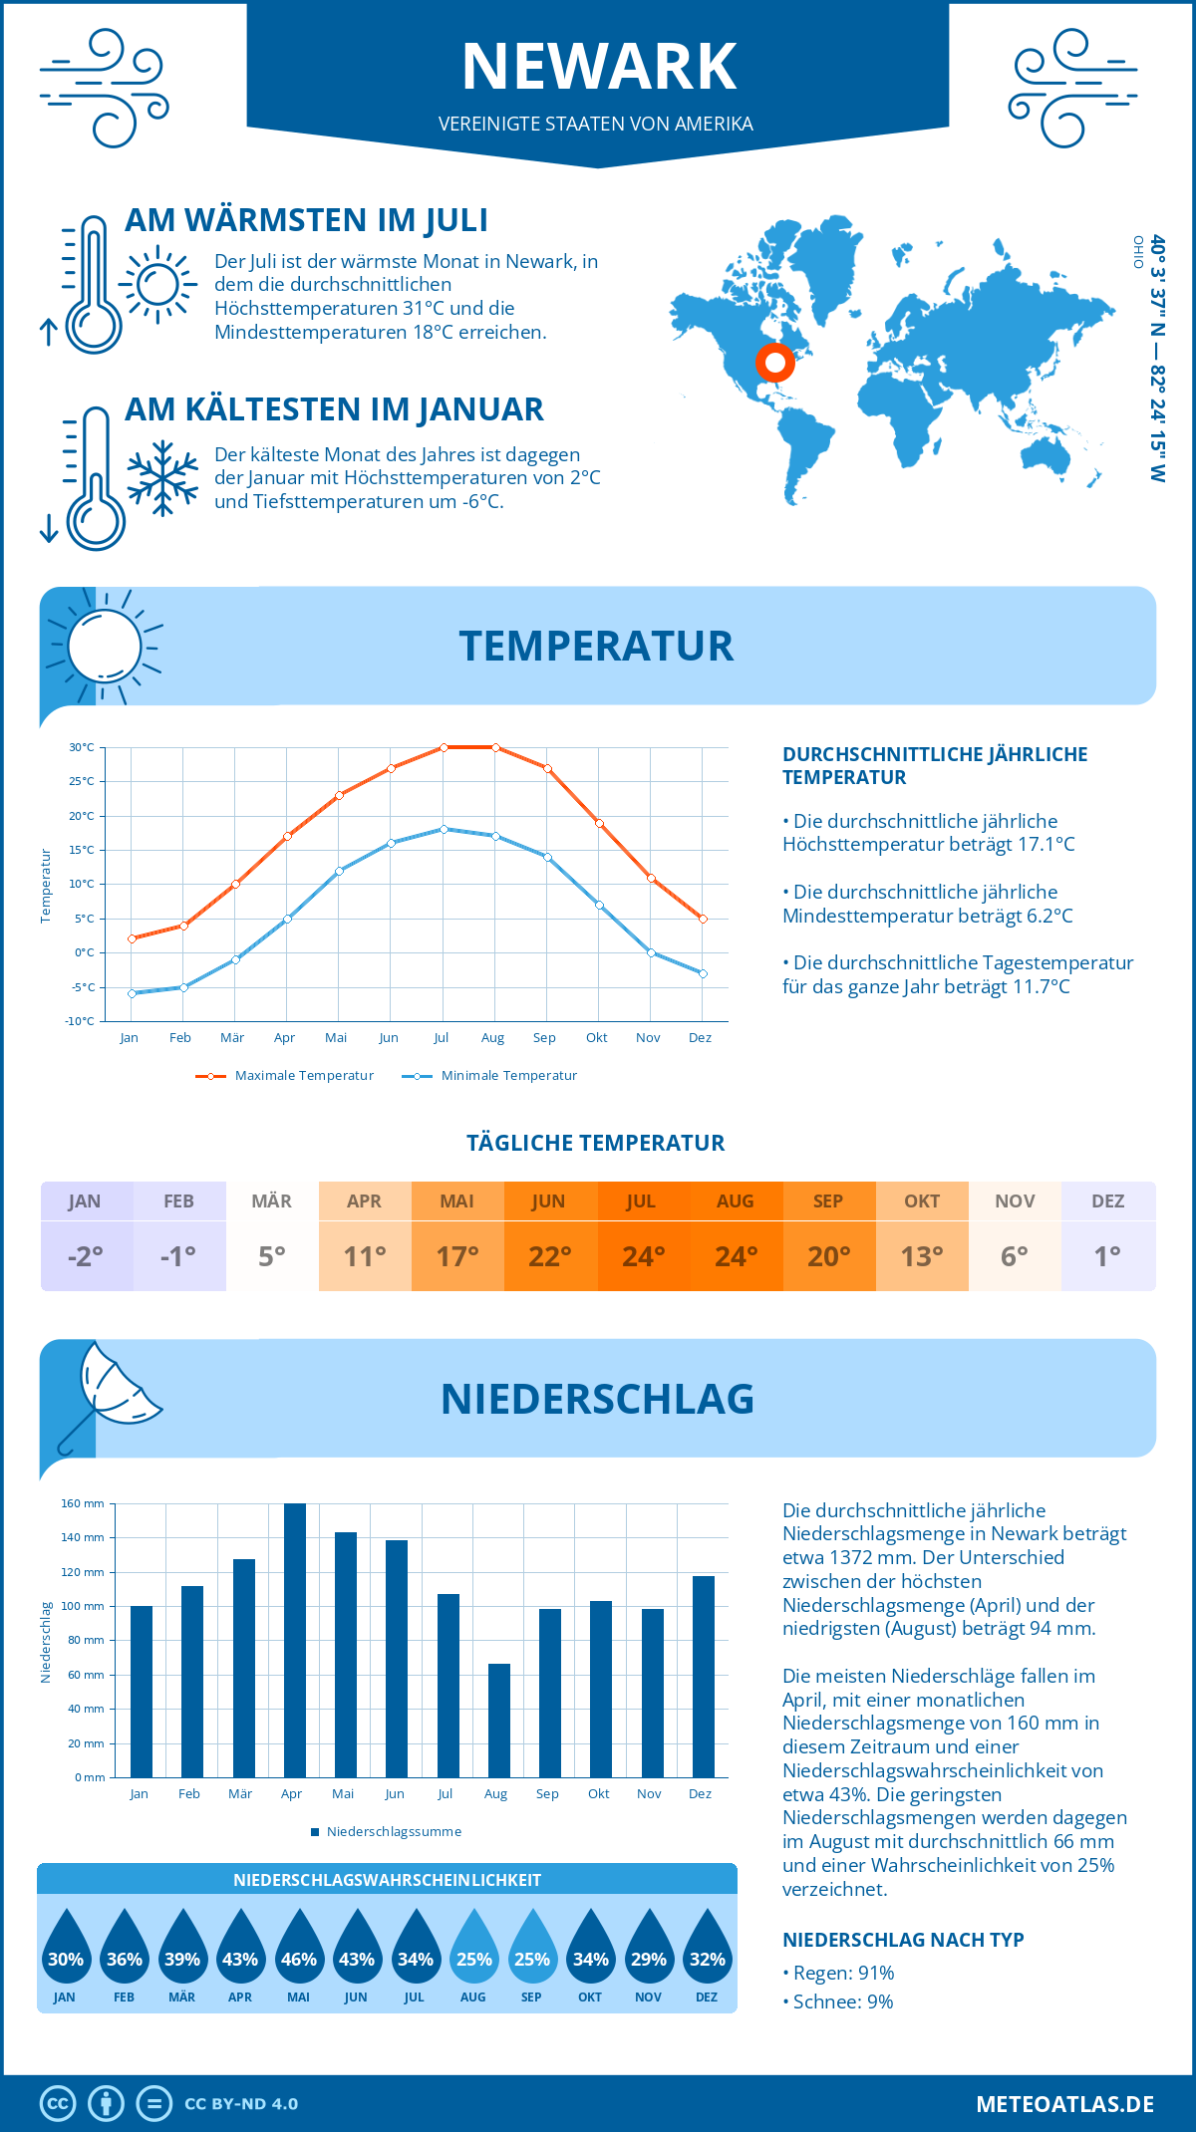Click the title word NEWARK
pos(599,67)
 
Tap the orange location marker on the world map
pos(774,363)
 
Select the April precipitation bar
pos(295,1640)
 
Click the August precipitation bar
pos(499,1721)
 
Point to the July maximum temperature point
pos(444,747)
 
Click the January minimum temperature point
pos(132,993)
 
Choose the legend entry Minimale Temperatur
pos(490,1076)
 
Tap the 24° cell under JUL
pos(643,1256)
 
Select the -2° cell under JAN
pos(86,1256)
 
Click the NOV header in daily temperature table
pos(1015,1201)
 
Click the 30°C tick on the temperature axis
pos(82,747)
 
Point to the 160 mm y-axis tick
pos(83,1503)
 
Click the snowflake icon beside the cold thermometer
pos(162,477)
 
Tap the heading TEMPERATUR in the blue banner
pos(596,646)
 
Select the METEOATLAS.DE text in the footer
pos(1064,2104)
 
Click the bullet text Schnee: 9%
pos(842,2001)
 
